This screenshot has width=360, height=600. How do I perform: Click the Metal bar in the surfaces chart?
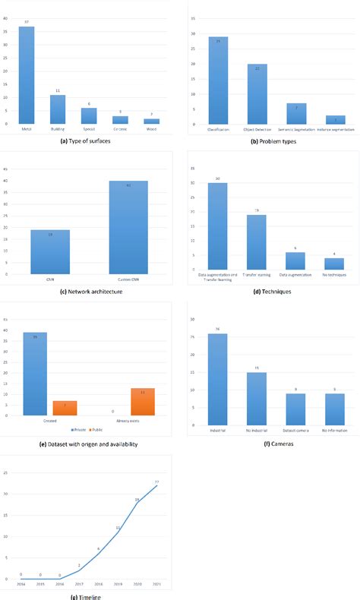[x=27, y=75]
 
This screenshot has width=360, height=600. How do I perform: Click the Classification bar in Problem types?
[x=218, y=81]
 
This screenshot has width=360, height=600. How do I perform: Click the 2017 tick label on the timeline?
[x=78, y=586]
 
